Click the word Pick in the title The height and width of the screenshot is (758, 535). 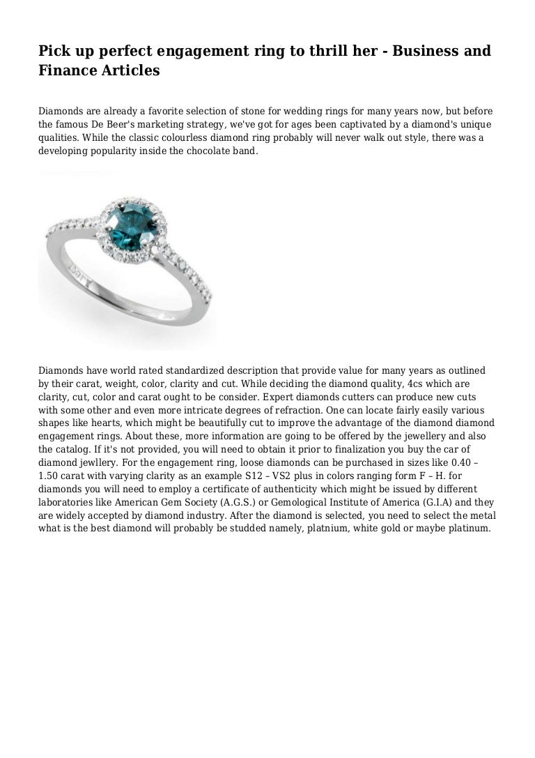coord(53,51)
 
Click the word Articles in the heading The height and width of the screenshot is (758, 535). coord(123,70)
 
